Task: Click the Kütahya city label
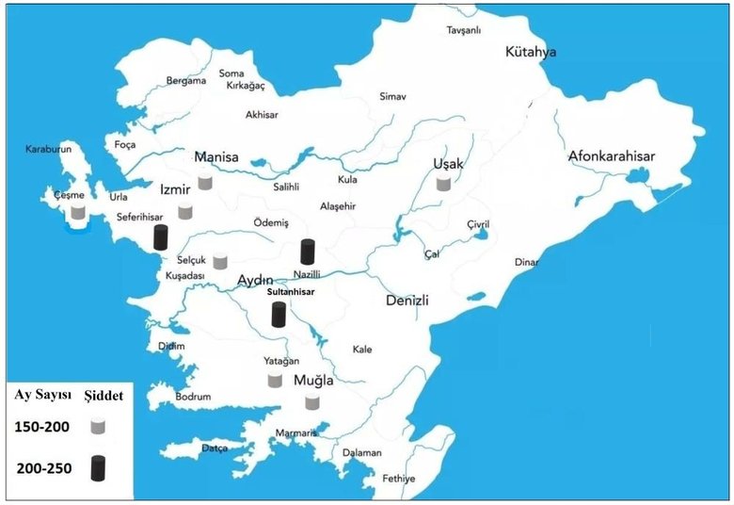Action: point(530,52)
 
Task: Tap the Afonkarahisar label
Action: point(611,156)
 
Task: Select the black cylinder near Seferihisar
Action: point(161,237)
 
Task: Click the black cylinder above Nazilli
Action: point(307,252)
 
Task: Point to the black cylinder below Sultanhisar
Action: point(278,314)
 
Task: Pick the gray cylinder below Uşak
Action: point(443,183)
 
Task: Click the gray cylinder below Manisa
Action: point(204,182)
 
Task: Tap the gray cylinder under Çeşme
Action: point(78,213)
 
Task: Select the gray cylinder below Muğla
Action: point(312,402)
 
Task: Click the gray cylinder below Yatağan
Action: point(275,380)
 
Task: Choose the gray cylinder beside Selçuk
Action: point(220,261)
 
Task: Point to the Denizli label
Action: point(407,301)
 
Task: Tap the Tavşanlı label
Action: point(464,30)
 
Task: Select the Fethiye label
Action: point(398,479)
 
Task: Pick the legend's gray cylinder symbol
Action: point(97,427)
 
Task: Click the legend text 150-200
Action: point(41,427)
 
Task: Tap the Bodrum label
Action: point(193,397)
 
